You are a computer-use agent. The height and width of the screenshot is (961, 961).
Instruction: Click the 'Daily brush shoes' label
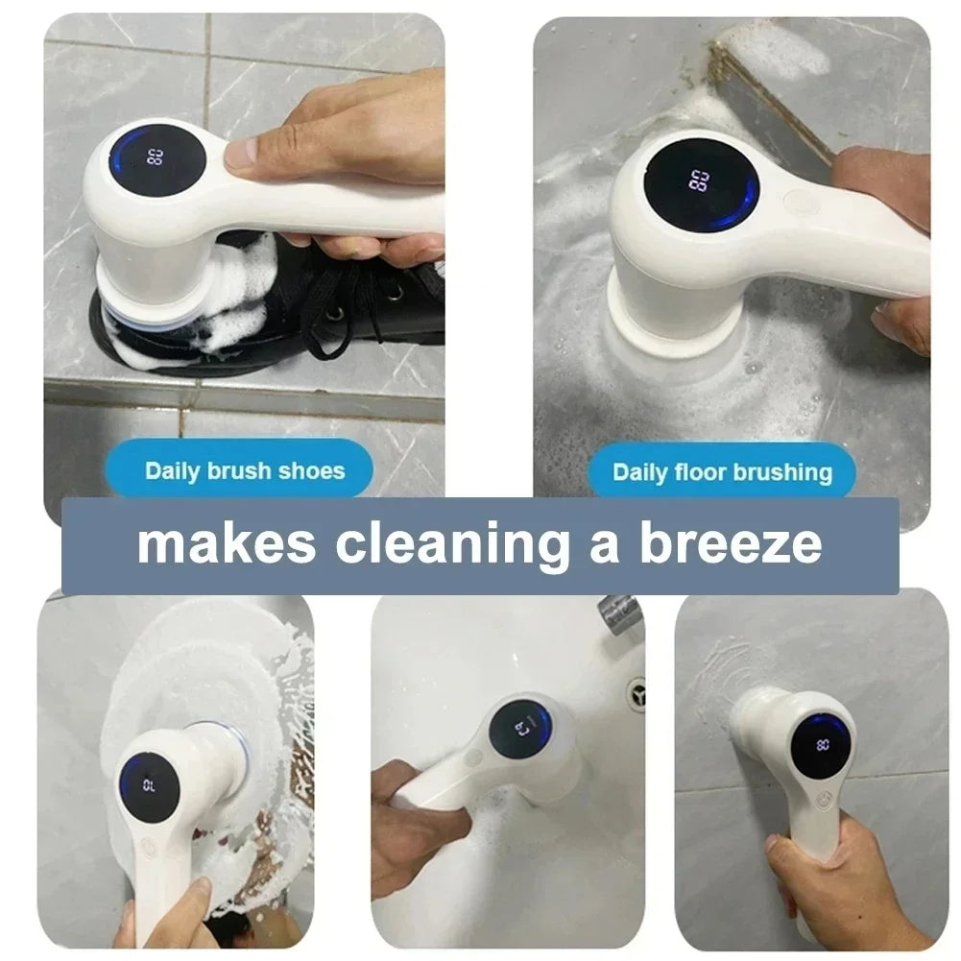pyautogui.click(x=244, y=470)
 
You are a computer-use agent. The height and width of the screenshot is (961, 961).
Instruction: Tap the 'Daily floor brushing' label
pyautogui.click(x=721, y=471)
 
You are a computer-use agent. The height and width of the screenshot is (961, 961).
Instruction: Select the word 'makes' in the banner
pyautogui.click(x=226, y=542)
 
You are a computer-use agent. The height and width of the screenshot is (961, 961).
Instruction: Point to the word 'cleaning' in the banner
pyautogui.click(x=450, y=542)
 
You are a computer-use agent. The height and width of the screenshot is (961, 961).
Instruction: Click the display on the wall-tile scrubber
pyautogui.click(x=822, y=743)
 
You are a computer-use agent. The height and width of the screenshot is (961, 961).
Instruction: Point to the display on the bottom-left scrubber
pyautogui.click(x=149, y=782)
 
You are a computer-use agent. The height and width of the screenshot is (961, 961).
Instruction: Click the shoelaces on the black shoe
pyautogui.click(x=336, y=288)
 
